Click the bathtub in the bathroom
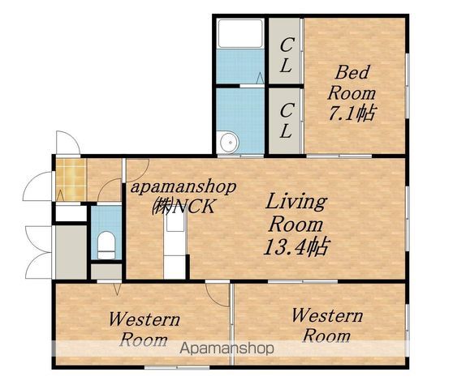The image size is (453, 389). coord(240,33)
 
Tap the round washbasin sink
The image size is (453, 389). coord(230,142)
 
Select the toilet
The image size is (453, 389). coord(106,246)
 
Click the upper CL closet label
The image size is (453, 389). coord(286,55)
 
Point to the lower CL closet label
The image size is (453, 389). coord(286,121)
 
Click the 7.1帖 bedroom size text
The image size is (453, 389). coord(352,113)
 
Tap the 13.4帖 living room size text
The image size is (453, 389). coord(296,247)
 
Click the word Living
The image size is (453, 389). coord(296,203)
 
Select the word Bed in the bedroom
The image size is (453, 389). coord(352,72)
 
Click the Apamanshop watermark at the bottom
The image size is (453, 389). coord(226,348)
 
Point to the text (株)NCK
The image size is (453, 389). coord(183,206)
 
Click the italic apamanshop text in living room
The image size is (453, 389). coord(183,188)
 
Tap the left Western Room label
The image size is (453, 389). coord(144,330)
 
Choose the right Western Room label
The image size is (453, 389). coord(327,325)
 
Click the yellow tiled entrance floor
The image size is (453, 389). coord(71,179)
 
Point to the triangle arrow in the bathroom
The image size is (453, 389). coord(260,78)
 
